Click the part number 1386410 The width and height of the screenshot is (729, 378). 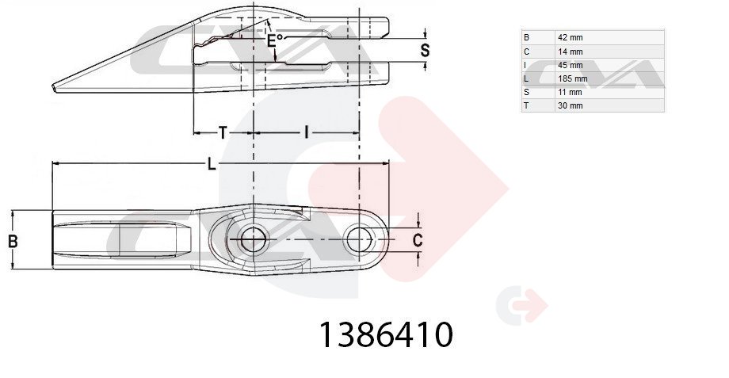[x=385, y=334]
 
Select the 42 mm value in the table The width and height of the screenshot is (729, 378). [x=570, y=38]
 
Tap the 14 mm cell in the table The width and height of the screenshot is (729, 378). [x=570, y=52]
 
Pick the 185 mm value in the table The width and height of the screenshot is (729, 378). [x=572, y=78]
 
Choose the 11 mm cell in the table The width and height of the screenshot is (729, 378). [x=570, y=92]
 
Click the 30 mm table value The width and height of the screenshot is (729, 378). [x=570, y=105]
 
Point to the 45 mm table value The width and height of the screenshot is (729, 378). [x=570, y=65]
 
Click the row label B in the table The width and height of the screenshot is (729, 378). [x=526, y=38]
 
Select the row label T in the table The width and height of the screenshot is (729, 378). [x=526, y=105]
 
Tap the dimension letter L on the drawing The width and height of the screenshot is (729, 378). [x=212, y=164]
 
